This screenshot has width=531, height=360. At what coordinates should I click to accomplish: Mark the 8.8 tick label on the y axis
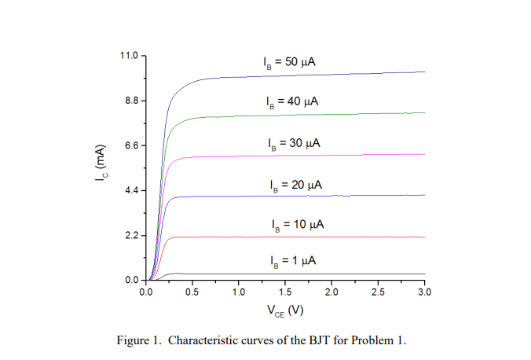pyautogui.click(x=130, y=101)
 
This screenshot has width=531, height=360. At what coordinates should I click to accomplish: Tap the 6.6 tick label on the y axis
pyautogui.click(x=130, y=146)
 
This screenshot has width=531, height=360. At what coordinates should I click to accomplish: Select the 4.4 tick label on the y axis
pyautogui.click(x=130, y=191)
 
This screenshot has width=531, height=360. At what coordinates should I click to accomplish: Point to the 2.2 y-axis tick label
pyautogui.click(x=130, y=236)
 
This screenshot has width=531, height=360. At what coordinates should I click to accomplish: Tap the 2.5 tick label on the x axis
pyautogui.click(x=379, y=292)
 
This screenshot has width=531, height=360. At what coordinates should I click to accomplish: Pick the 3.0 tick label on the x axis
pyautogui.click(x=425, y=292)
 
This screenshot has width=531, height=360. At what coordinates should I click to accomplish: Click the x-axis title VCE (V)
pyautogui.click(x=285, y=310)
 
